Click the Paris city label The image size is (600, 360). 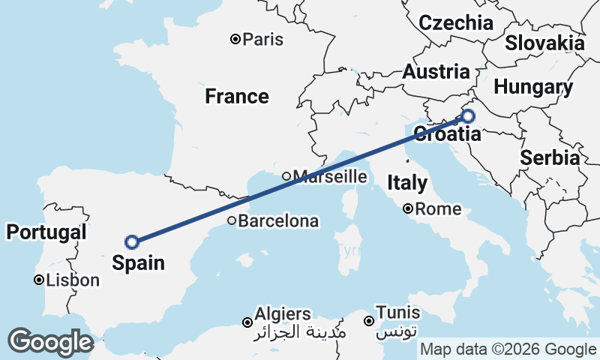pos(263,39)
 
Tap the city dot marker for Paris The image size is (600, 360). pos(235,39)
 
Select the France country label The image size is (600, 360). pos(237,96)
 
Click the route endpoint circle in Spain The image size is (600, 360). pos(132,241)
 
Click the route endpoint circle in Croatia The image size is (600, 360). pos(468,116)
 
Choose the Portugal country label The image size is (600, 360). pos(46,232)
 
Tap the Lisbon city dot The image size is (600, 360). pos(38,280)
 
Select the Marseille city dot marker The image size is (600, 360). pos(286,176)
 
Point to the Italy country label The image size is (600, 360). pos(407,182)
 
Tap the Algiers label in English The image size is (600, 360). pos(283,313)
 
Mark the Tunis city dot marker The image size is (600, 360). pos(369,322)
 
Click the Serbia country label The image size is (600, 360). pos(549,158)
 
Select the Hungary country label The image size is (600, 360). pos(532,87)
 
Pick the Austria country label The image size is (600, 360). pos(436,73)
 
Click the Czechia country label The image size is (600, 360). pos(456,22)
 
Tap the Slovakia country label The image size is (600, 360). pos(544,43)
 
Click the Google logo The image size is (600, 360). pos(50,342)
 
